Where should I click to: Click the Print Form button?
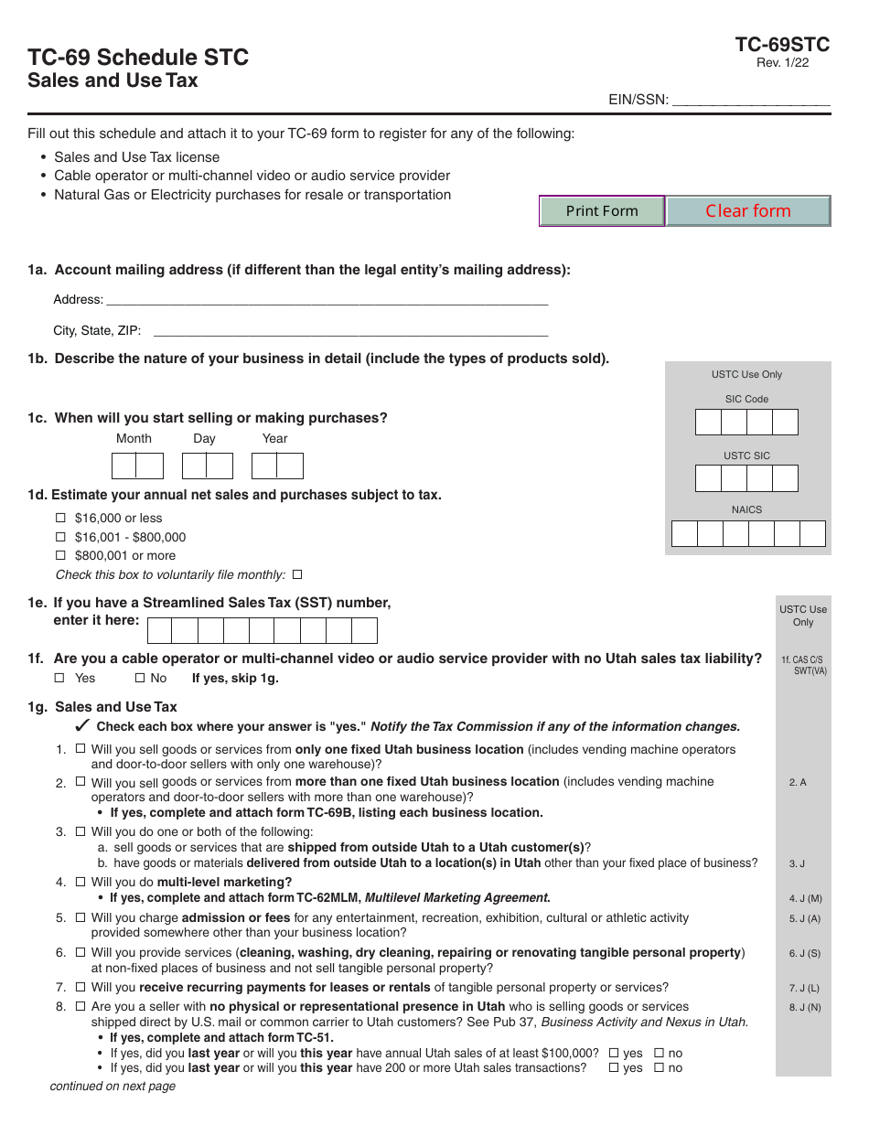coord(601,211)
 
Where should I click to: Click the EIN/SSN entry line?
coord(751,101)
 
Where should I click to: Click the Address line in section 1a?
coord(327,300)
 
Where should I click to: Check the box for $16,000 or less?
coord(61,519)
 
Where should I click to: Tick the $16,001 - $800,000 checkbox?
coord(61,538)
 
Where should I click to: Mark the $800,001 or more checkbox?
coord(61,556)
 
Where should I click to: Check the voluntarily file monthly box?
coord(296,575)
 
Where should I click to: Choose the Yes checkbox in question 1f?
coord(59,679)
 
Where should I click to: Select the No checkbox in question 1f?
coord(140,679)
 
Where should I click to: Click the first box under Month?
coord(124,466)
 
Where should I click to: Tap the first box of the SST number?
coord(160,631)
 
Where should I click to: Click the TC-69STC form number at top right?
coord(782,45)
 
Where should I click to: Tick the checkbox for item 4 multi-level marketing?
coord(80,883)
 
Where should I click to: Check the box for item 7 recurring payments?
coord(80,988)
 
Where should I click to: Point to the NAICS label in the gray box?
coord(746,510)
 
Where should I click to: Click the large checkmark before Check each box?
coord(81,726)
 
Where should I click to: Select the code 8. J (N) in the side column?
coord(805,1008)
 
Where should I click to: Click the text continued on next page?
coord(113,1087)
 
